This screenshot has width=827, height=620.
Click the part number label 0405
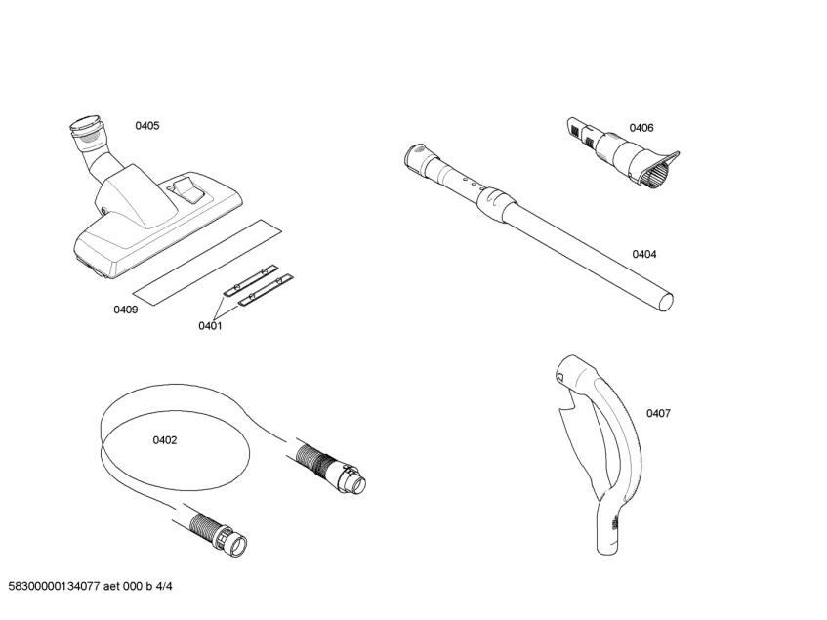click(147, 126)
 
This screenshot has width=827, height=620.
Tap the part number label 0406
click(641, 128)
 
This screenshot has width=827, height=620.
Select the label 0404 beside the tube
click(643, 255)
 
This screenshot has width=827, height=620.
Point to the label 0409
click(125, 310)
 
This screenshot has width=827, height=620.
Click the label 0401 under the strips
click(210, 326)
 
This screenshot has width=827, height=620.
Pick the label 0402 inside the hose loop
click(165, 440)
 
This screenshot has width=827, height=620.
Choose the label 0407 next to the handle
click(658, 413)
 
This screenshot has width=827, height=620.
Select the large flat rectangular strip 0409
click(206, 259)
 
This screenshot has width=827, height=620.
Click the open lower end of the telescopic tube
click(666, 298)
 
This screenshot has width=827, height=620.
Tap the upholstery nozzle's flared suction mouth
click(659, 170)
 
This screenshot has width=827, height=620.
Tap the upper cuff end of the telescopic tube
click(415, 157)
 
